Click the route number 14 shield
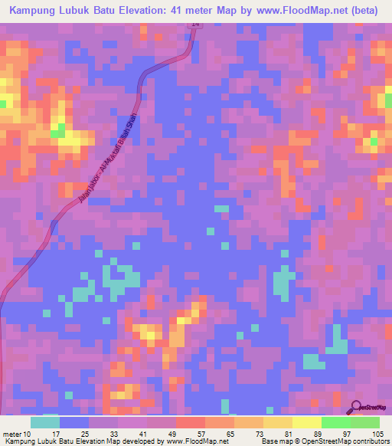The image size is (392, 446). [x=195, y=25]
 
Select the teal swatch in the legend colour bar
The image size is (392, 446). [x=44, y=421]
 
